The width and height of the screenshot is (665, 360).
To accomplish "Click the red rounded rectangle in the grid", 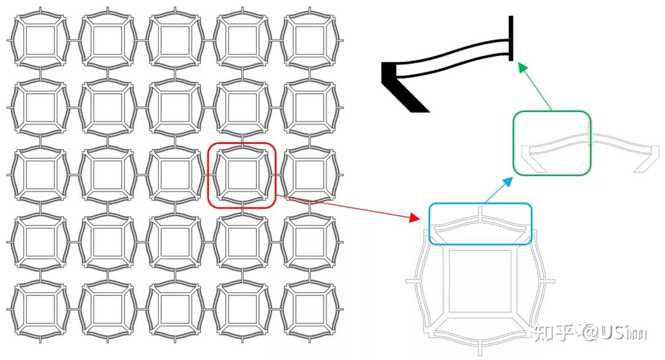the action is (208, 175).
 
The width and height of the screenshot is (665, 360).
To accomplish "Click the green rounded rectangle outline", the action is (513, 143).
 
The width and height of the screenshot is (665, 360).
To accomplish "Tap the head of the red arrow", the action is (415, 218).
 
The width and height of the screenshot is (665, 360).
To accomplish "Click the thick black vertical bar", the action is (511, 38).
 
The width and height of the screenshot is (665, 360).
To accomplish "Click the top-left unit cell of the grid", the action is (40, 41).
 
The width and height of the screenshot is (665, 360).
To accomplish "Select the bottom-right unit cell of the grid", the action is (310, 309).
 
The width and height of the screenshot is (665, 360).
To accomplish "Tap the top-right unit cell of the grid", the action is (310, 41).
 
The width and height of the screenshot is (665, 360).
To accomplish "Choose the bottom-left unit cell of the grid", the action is (40, 309).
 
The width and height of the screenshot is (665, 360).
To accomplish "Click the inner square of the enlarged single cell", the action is (449, 281).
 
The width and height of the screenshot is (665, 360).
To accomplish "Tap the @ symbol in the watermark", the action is (590, 333).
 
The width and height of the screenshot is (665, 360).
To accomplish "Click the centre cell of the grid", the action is (175, 175).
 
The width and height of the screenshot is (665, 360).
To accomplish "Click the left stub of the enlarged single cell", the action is (412, 281).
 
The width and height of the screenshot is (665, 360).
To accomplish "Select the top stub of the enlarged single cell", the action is (480, 212).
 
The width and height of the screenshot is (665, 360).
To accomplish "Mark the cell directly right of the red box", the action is (310, 175).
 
